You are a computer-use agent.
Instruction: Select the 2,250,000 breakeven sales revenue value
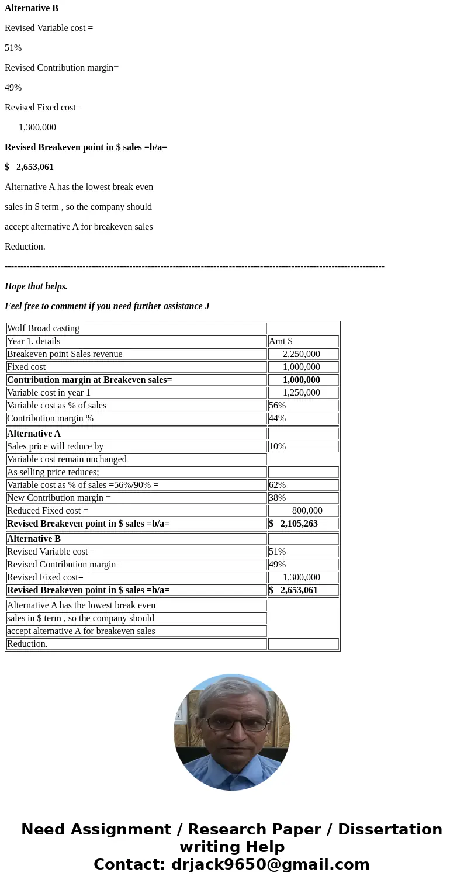coord(302,354)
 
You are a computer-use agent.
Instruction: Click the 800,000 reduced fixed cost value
coord(307,511)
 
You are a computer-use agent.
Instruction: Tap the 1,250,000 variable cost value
coord(302,393)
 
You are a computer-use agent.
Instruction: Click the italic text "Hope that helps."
coord(36,286)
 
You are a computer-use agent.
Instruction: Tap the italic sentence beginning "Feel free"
coord(107,306)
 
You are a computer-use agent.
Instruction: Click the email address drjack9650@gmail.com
coord(270,864)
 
